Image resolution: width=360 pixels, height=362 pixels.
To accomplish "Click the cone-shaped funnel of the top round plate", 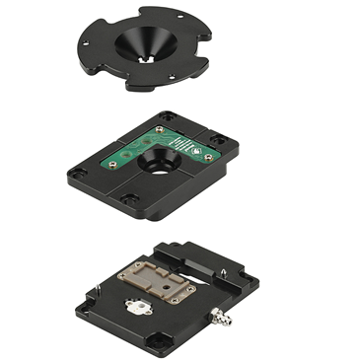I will pos(147,44).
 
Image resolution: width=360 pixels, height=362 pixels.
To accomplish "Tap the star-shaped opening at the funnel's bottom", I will pos(148,59).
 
